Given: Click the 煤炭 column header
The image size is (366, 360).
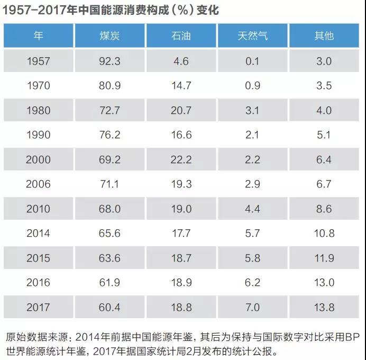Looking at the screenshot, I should [x=110, y=36].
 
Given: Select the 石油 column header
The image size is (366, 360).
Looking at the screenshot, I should [x=181, y=36].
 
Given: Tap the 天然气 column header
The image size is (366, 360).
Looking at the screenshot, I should [x=252, y=36].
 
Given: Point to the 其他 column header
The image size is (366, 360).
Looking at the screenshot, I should [x=324, y=36].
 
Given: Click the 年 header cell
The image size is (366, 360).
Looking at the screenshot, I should [x=38, y=36].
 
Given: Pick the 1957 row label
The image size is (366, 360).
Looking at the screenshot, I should [x=38, y=61].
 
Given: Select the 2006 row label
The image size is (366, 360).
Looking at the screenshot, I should [x=38, y=184].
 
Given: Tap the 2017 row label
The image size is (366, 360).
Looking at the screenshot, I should [x=38, y=308].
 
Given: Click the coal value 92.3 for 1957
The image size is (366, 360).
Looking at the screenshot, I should [x=110, y=61].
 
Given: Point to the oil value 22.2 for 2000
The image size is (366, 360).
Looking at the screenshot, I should [x=181, y=159].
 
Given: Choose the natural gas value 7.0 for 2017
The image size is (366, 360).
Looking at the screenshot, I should [x=252, y=308].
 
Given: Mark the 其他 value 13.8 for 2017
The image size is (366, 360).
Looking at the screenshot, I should [x=324, y=308].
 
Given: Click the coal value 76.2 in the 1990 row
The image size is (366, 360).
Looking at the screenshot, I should [x=110, y=135].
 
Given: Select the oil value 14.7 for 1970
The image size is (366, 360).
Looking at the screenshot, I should [x=181, y=86].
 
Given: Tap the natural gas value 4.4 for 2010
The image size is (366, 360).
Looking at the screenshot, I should [x=252, y=209].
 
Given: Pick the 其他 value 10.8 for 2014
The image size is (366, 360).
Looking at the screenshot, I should [x=324, y=233].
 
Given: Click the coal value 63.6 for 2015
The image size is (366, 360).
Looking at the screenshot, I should [x=110, y=258].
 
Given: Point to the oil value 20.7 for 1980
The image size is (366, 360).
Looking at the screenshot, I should [x=181, y=110].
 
